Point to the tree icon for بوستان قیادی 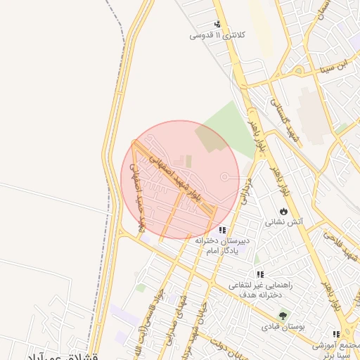[283, 316]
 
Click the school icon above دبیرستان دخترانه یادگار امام [222, 230]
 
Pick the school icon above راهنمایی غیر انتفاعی [259, 275]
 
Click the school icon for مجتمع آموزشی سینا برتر [336, 335]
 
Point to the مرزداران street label [246, 189]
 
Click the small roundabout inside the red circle [224, 177]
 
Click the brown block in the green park [207, 138]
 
